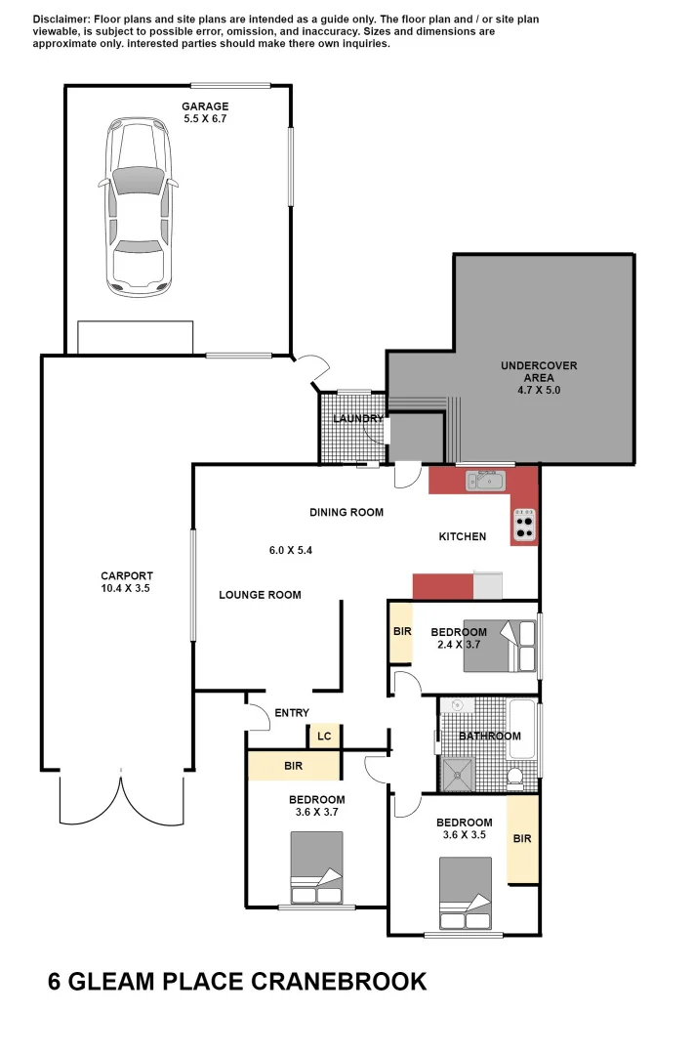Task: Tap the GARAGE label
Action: (x=205, y=106)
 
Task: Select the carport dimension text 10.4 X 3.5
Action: (x=126, y=589)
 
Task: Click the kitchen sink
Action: (x=484, y=480)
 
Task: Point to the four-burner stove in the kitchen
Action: (x=524, y=526)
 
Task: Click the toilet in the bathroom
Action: (x=517, y=778)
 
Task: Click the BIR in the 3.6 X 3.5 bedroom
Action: (x=522, y=838)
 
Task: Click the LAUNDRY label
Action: (x=357, y=419)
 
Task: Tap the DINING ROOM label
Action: (x=346, y=512)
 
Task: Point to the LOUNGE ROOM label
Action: (x=260, y=595)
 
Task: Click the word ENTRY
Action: (x=292, y=713)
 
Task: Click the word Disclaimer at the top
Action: (x=61, y=20)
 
